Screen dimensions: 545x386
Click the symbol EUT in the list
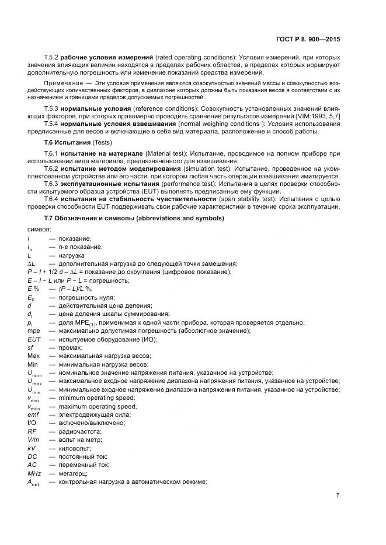pos(34,339)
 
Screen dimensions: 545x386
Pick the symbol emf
pos(33,414)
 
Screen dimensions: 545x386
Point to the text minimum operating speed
pos(96,398)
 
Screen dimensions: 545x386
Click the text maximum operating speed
pos(98,406)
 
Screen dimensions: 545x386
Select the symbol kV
pos(32,448)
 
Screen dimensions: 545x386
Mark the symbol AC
pos(32,465)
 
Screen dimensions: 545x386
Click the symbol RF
pos(32,431)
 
